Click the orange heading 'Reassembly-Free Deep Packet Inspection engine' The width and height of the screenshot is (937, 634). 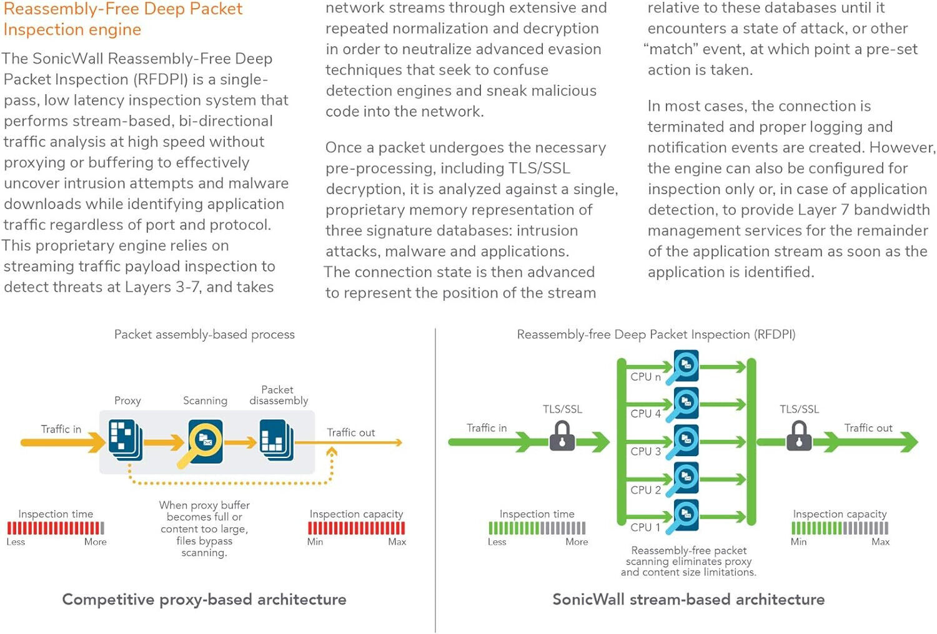[x=122, y=19]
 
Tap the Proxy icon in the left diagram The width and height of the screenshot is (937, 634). [x=126, y=439]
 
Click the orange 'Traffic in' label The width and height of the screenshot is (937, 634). [x=61, y=429]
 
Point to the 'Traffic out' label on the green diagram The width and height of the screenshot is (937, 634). [x=868, y=428]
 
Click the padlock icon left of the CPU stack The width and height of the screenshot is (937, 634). [x=562, y=436]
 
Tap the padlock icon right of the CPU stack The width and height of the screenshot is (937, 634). [x=799, y=436]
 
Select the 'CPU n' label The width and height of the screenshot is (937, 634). [x=645, y=377]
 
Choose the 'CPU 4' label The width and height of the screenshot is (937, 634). [x=645, y=414]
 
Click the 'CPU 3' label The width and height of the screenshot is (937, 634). [x=645, y=451]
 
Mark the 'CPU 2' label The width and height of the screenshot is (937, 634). [x=645, y=490]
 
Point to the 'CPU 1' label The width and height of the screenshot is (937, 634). [x=645, y=527]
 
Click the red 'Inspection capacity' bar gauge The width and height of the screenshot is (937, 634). [x=356, y=528]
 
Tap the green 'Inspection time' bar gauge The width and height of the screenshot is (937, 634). [x=537, y=528]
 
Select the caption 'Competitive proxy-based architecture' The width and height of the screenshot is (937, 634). [x=204, y=600]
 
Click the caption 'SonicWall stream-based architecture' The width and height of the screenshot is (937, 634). [x=688, y=600]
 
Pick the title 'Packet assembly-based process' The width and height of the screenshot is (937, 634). [x=204, y=334]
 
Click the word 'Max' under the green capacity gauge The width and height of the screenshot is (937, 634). [x=880, y=542]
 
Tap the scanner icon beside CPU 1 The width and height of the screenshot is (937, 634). [x=685, y=515]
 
